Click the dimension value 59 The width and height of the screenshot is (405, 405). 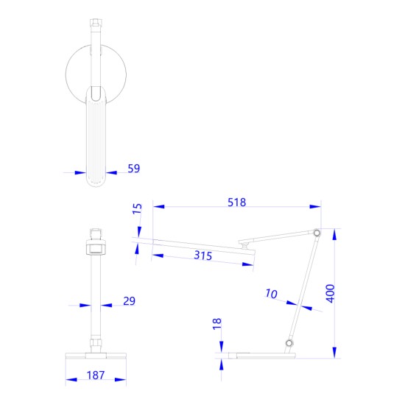pos(133,169)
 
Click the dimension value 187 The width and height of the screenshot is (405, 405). pos(95,375)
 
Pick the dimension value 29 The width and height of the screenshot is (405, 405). pos(129,301)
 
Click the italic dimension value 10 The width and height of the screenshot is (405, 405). pos(271,294)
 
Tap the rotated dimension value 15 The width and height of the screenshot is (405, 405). pos(137,211)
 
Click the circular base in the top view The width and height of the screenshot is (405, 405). pos(77,74)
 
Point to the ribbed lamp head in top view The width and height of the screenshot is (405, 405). pos(96,140)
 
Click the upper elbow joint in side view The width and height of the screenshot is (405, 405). pos(317,233)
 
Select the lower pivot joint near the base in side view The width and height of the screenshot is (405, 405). pos(289,344)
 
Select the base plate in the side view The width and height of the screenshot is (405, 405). pos(261,356)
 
